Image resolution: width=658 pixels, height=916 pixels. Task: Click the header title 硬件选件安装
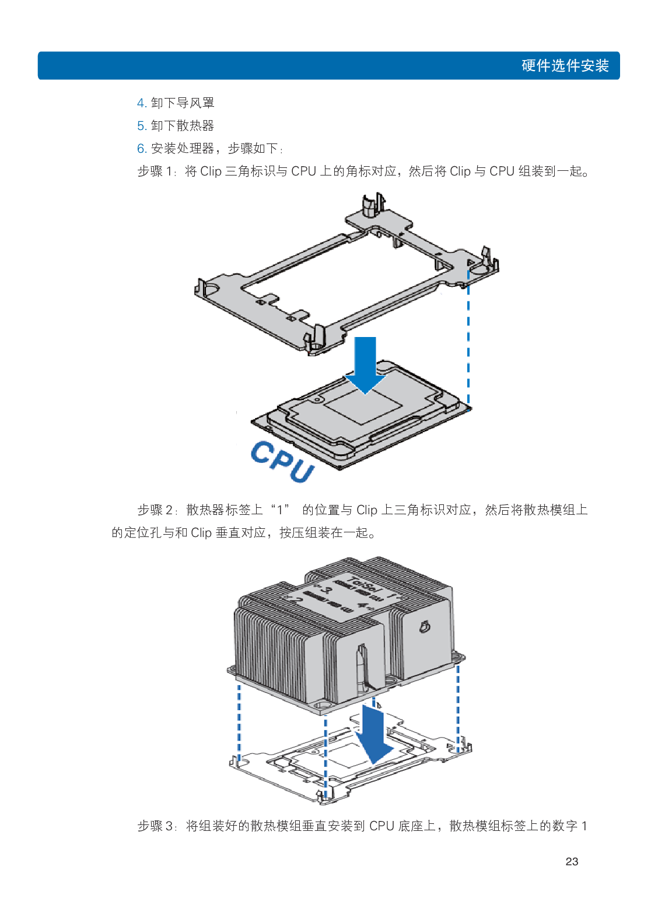(565, 65)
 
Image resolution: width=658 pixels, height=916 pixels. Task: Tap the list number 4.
(141, 103)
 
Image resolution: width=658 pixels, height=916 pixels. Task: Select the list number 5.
(141, 126)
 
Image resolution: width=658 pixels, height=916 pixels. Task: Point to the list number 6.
(141, 149)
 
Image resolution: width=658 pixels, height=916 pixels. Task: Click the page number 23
(572, 861)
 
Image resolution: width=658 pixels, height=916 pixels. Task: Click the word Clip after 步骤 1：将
(211, 171)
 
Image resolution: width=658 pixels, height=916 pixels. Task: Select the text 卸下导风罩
(183, 103)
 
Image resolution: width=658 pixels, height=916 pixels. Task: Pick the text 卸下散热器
(183, 126)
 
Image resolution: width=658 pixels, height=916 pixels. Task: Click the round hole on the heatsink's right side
(424, 627)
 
